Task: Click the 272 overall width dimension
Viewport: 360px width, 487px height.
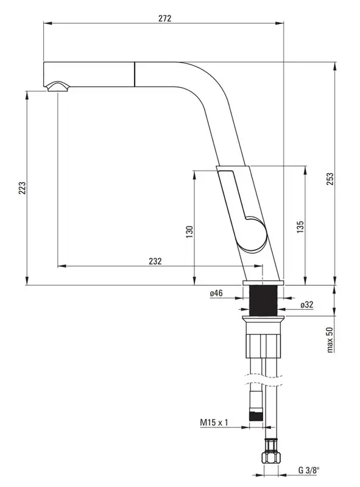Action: pyautogui.click(x=164, y=18)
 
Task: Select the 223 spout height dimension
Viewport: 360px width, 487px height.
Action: pyautogui.click(x=22, y=188)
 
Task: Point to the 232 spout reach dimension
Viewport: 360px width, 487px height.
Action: pyautogui.click(x=155, y=261)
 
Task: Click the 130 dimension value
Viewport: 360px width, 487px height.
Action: pyautogui.click(x=189, y=232)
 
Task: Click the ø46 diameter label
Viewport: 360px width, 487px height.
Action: pyautogui.click(x=216, y=293)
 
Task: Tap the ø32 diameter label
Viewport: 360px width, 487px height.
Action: pyautogui.click(x=307, y=305)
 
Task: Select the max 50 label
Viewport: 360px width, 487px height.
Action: pyautogui.click(x=330, y=340)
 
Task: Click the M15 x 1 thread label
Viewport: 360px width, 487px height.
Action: pyautogui.click(x=214, y=422)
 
